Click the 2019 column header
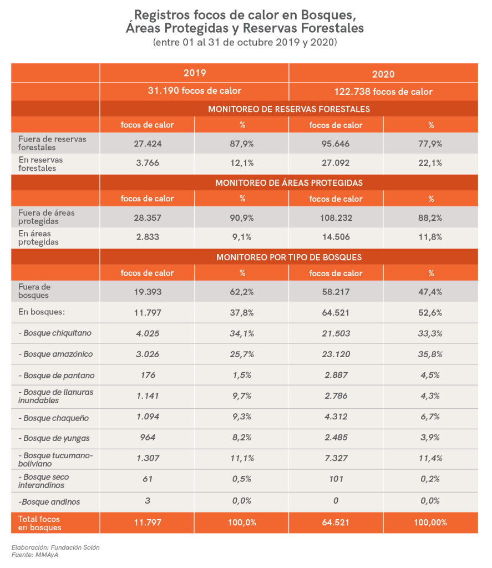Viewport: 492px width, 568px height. coord(194,73)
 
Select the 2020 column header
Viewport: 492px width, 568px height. coord(383,74)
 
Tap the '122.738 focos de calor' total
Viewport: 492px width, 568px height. coord(383,92)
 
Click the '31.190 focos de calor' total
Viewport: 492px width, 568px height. coord(194,91)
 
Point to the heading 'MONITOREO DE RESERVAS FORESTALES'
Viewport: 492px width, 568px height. coord(288,109)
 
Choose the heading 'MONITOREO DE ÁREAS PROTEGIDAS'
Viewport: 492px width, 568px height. coord(288,182)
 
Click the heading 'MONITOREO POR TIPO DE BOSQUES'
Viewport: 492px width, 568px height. coord(288,257)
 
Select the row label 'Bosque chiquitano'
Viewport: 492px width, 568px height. coord(55,333)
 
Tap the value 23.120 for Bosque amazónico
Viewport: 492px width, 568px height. coord(336,354)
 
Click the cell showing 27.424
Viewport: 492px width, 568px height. coord(147,143)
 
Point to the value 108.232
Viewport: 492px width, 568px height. coord(336,217)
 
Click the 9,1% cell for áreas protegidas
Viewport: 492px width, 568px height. coord(242,237)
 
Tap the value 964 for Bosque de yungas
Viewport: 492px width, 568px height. coord(147,438)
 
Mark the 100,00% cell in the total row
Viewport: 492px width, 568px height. coord(430,522)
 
